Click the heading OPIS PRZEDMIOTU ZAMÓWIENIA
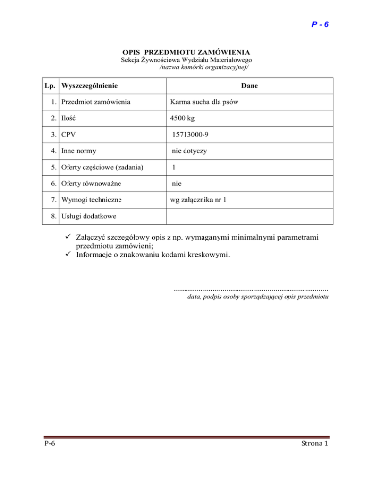[186, 51]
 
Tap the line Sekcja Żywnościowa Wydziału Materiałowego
[186, 60]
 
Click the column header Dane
[250, 86]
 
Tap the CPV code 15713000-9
[192, 135]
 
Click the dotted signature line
[251, 289]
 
